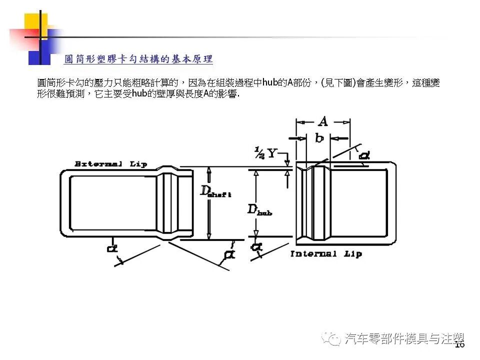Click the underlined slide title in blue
[138, 59]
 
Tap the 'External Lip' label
[110, 164]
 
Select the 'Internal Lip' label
[326, 254]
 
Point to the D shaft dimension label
[215, 191]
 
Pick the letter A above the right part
[323, 121]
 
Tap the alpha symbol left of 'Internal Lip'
[257, 247]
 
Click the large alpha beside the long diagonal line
[229, 254]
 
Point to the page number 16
[459, 344]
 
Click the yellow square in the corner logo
[36, 24]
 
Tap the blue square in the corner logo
[39, 52]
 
